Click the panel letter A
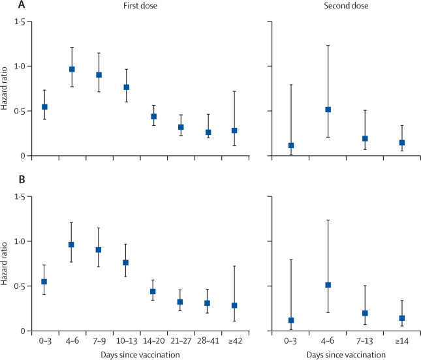[5, 7]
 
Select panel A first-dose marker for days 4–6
[72, 69]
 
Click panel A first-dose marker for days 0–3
[44, 106]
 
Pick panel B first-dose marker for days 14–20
[153, 291]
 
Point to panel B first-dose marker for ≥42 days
[234, 305]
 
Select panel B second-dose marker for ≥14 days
[383, 318]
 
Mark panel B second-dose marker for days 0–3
[290, 320]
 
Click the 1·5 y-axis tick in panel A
[20, 22]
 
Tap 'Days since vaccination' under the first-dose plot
[138, 353]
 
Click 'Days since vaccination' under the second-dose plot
[337, 353]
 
